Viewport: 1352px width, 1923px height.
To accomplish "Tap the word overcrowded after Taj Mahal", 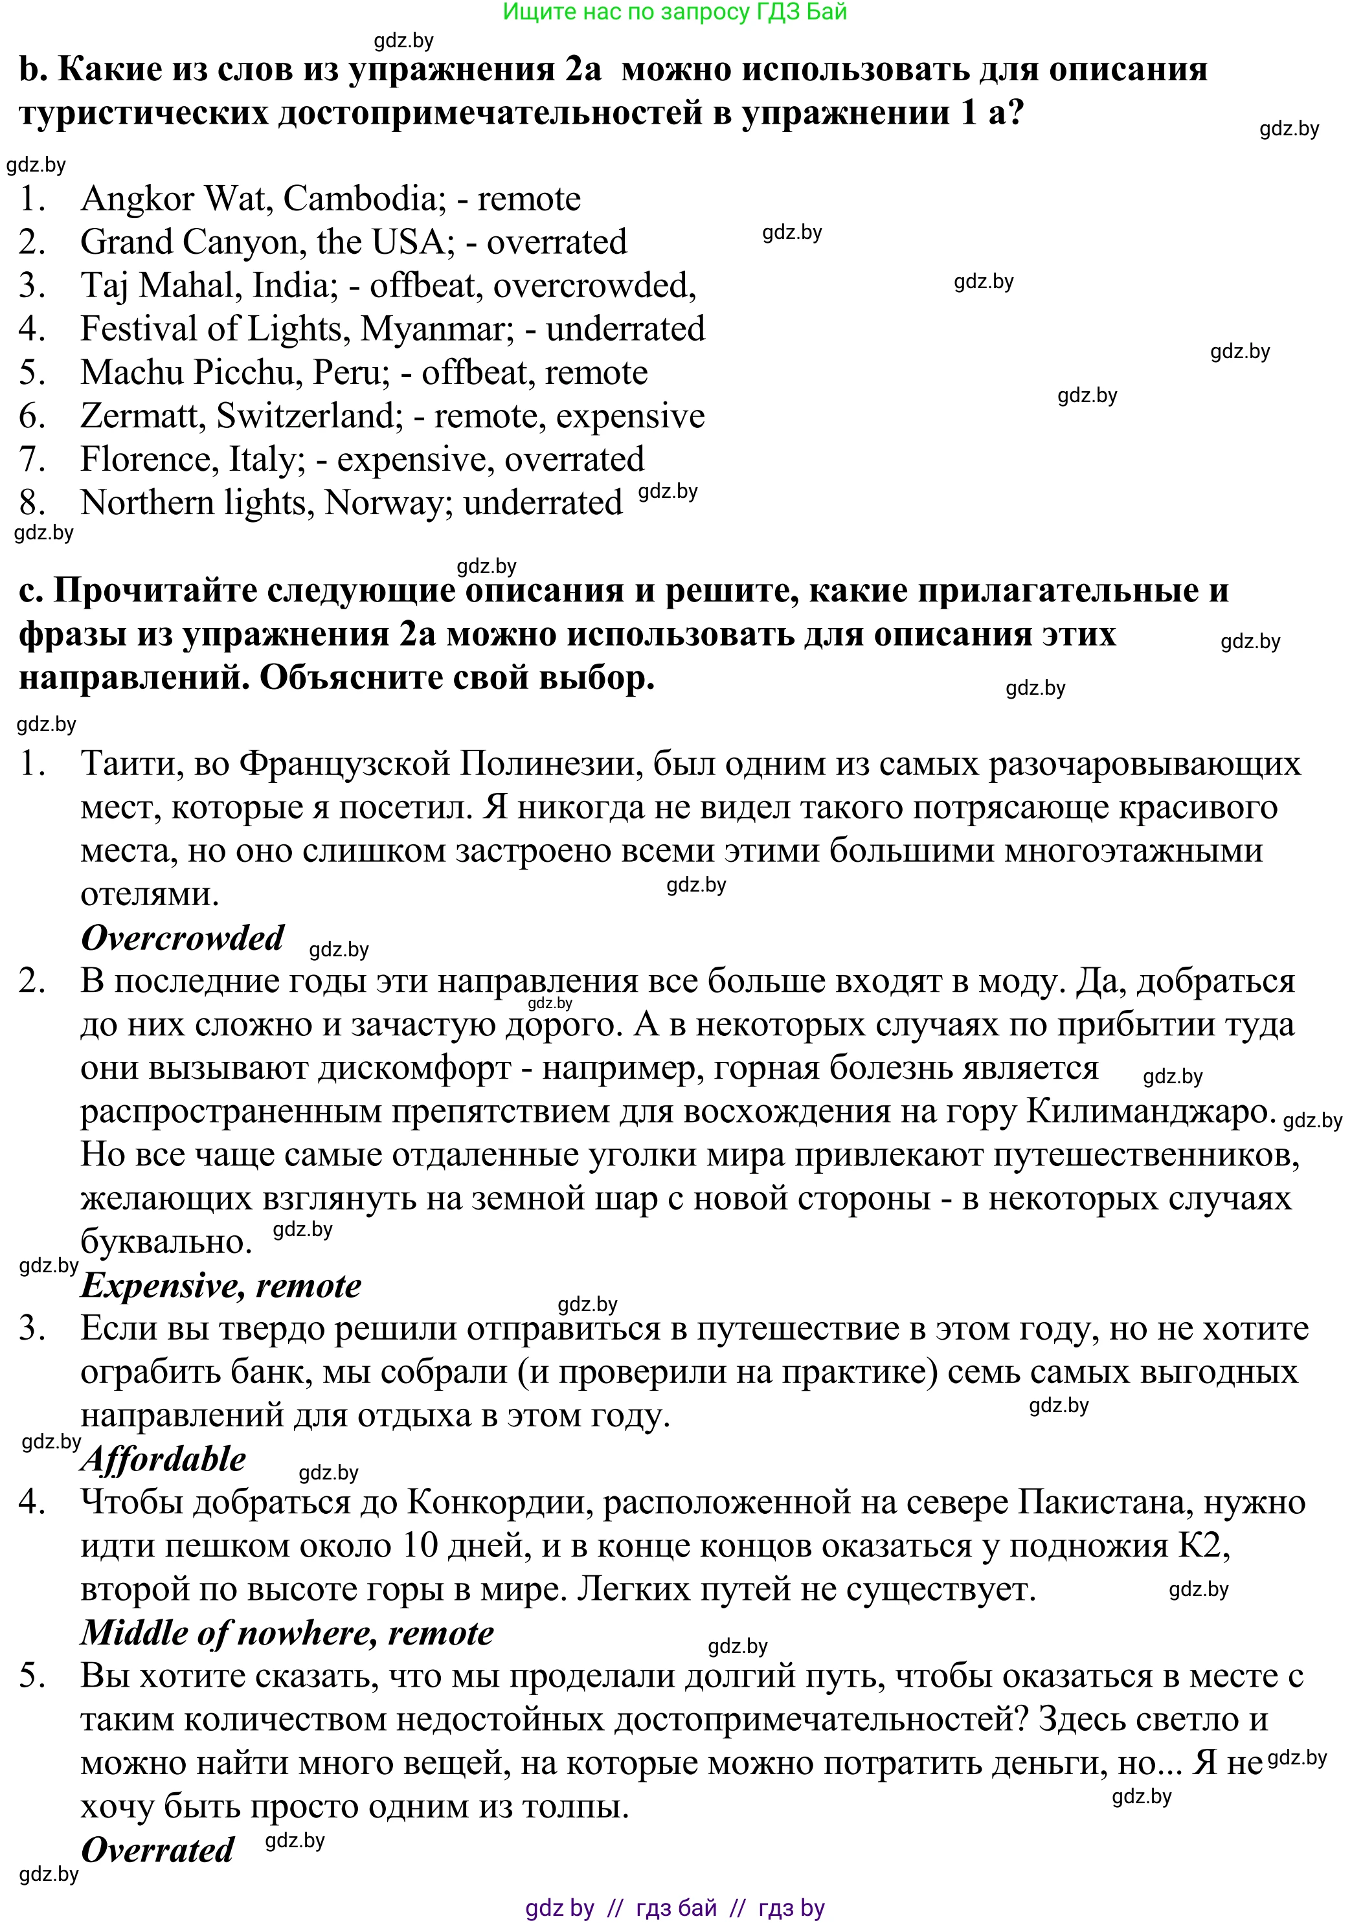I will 594,286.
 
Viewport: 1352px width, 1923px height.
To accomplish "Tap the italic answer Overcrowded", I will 183,938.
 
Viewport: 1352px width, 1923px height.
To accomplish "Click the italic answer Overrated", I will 157,1849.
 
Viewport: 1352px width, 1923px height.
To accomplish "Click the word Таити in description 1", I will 130,764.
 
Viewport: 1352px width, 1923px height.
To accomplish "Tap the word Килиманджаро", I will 1150,1112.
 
